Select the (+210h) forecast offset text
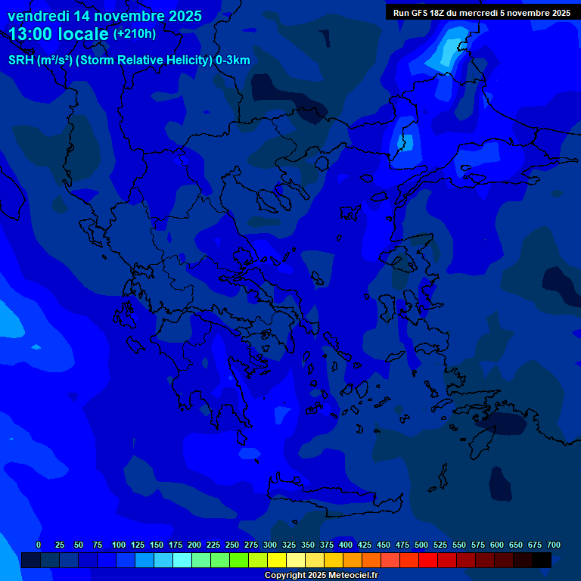coord(135,34)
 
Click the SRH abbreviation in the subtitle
coord(21,61)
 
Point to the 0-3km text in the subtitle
coord(233,61)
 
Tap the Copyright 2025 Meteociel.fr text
coord(321,575)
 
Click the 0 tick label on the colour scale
coord(39,545)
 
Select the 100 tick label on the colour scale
coord(119,545)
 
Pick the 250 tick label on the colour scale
coord(232,545)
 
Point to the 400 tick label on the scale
coord(346,545)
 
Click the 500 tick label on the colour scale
coord(421,545)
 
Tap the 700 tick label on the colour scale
coord(554,545)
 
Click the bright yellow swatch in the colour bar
coord(277,561)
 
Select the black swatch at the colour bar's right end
coord(542,561)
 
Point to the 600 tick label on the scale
coord(497,545)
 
